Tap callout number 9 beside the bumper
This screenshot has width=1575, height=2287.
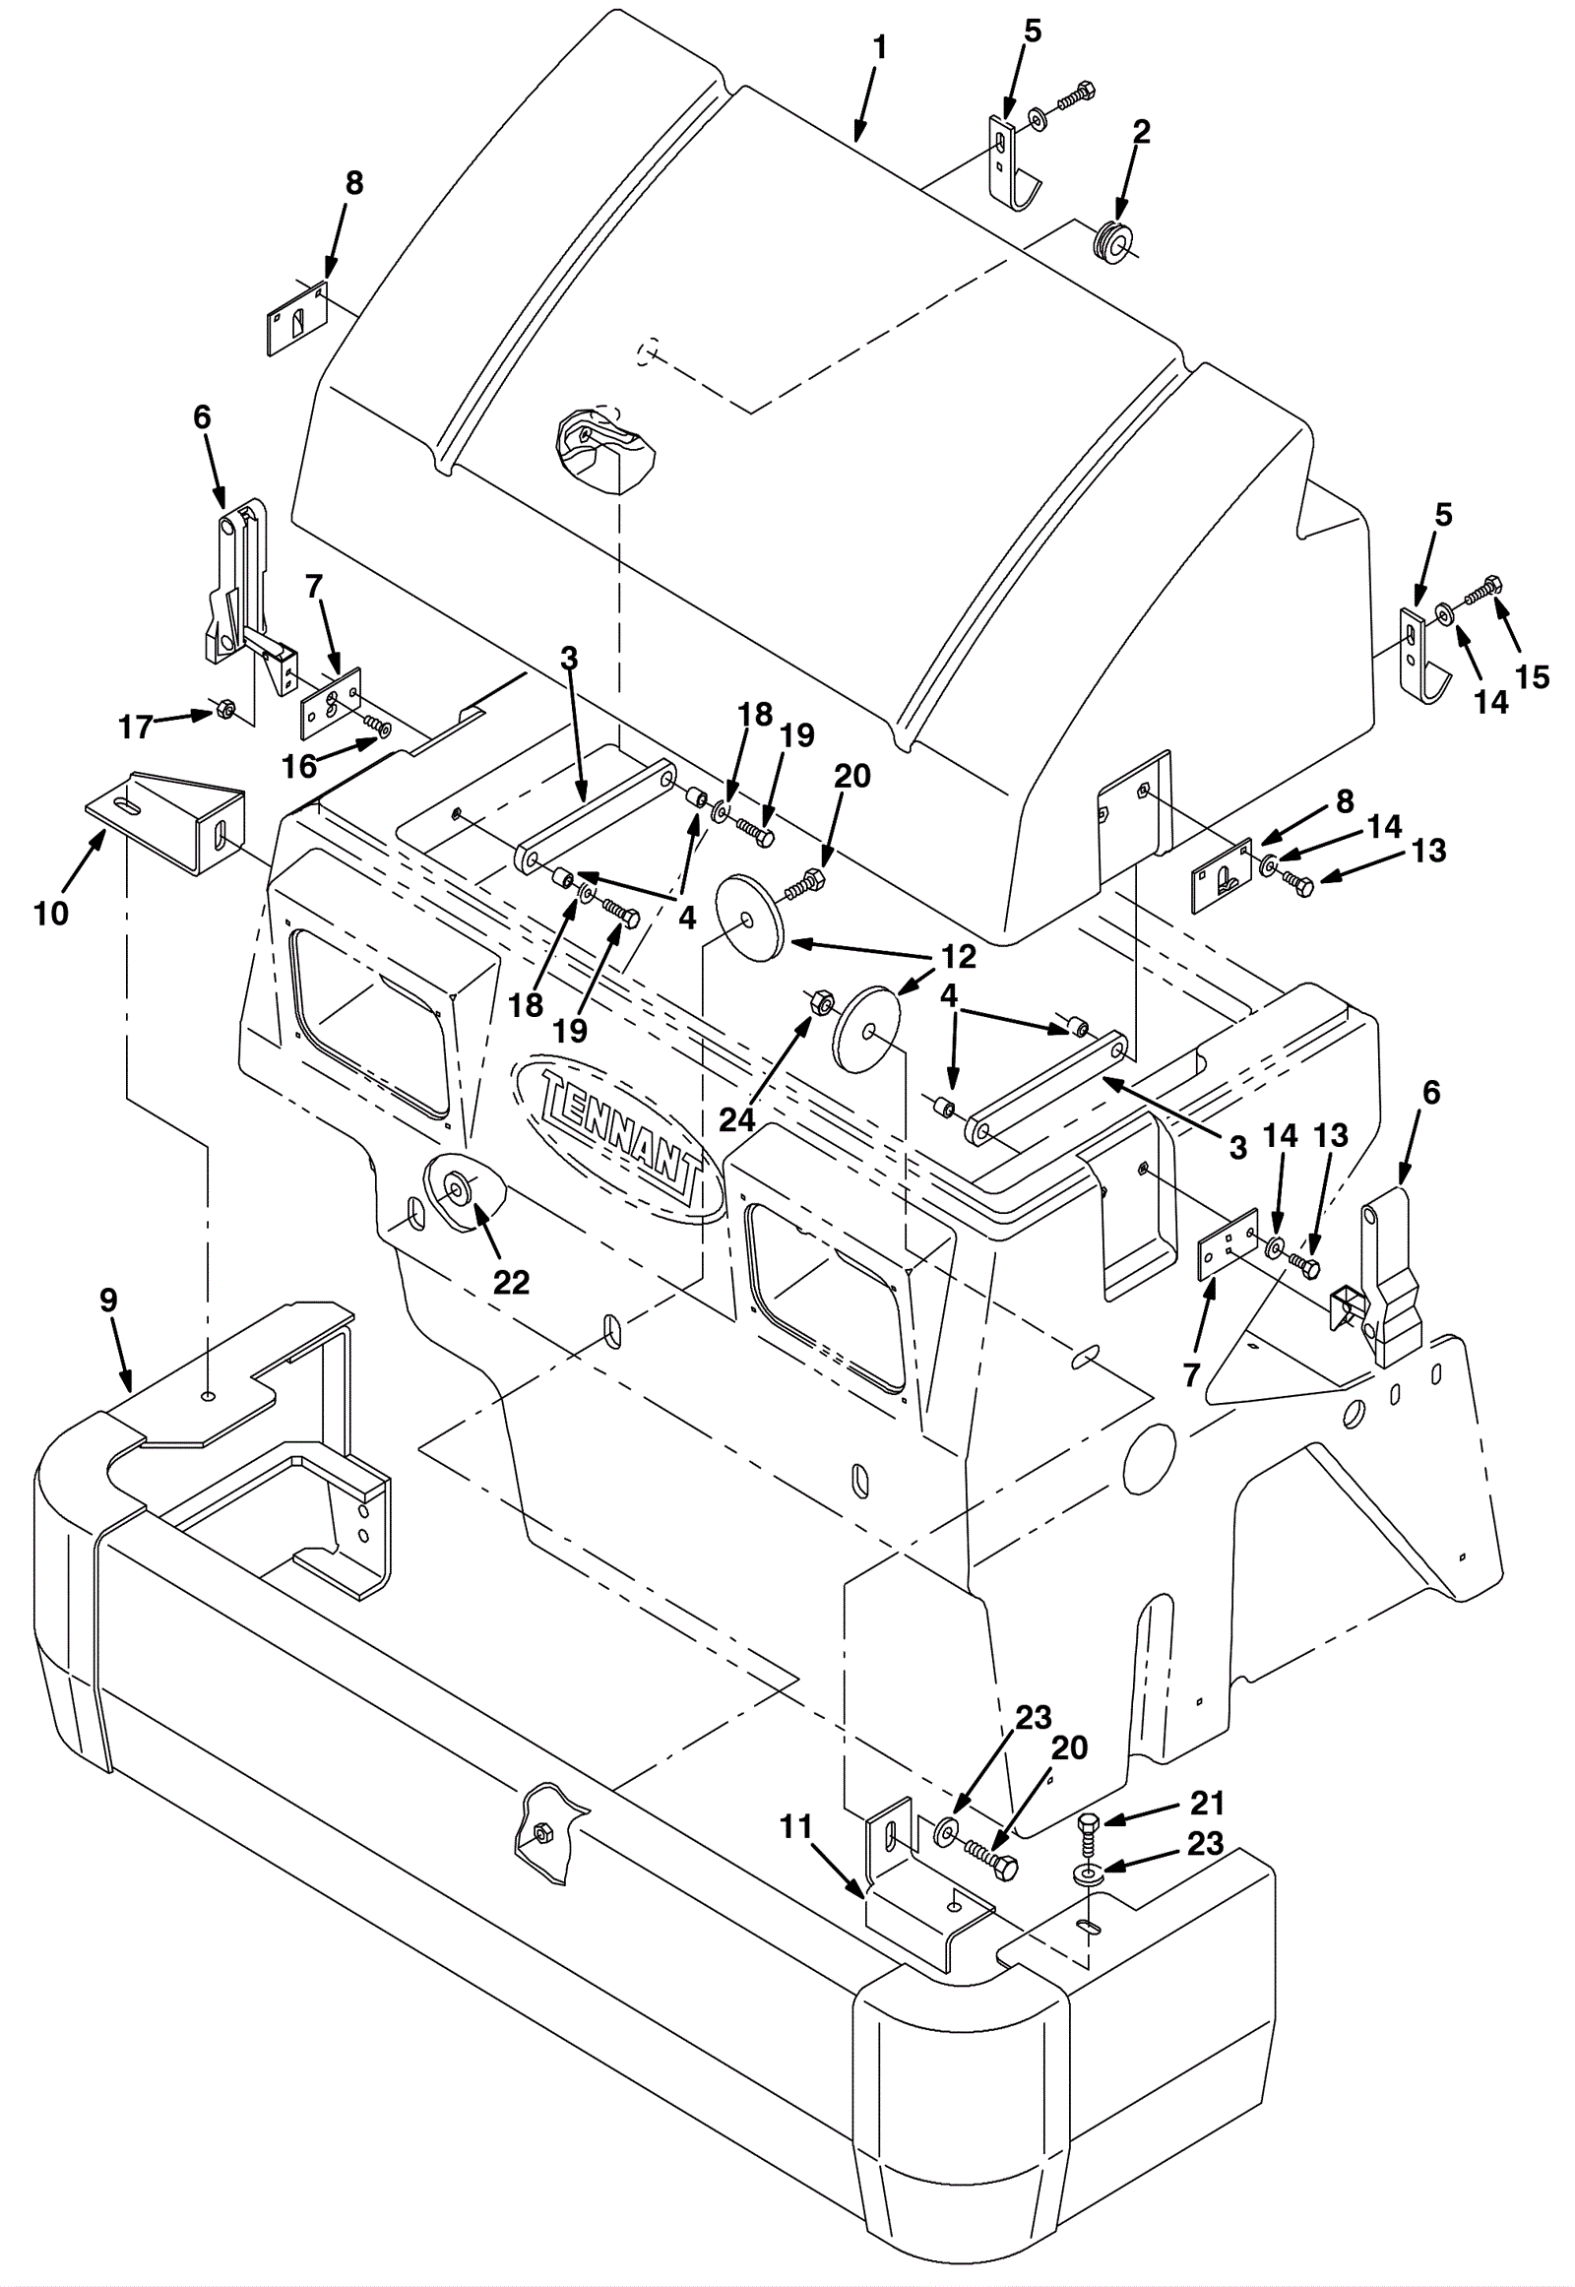click(108, 1300)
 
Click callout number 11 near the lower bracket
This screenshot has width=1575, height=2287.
click(796, 1827)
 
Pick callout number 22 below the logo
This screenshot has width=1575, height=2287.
click(511, 1282)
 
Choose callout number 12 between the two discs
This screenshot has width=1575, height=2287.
click(958, 956)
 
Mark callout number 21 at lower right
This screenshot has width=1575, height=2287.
click(1206, 1804)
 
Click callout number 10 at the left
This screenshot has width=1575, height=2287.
click(51, 913)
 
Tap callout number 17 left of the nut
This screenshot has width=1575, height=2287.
click(137, 727)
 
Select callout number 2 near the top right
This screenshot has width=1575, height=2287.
click(1141, 131)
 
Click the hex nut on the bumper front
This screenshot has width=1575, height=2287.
click(540, 1833)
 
